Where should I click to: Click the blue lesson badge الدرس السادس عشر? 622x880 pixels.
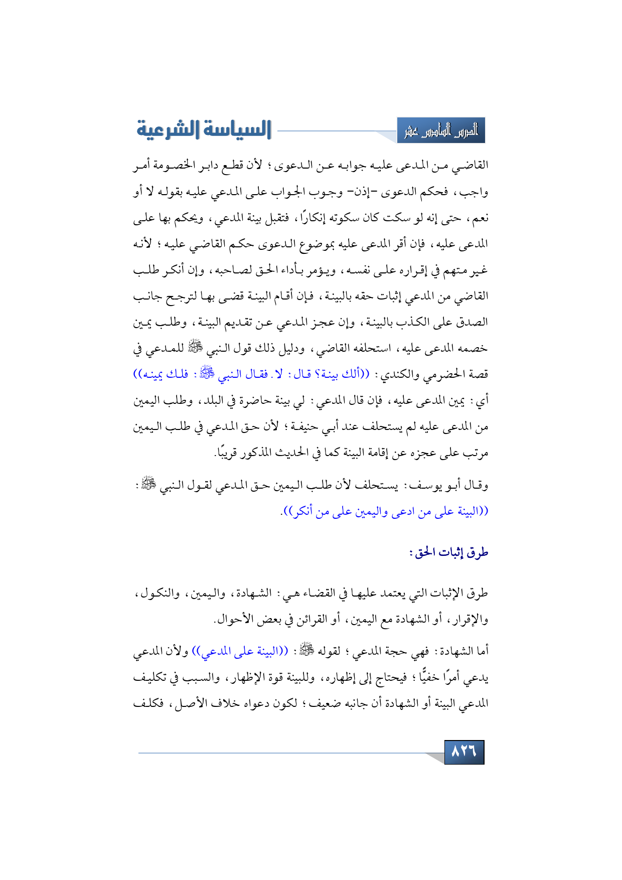pyautogui.click(x=441, y=131)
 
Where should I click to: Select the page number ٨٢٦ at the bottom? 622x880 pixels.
pyautogui.click(x=464, y=752)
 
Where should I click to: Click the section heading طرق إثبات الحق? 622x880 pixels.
pyautogui.click(x=448, y=552)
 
